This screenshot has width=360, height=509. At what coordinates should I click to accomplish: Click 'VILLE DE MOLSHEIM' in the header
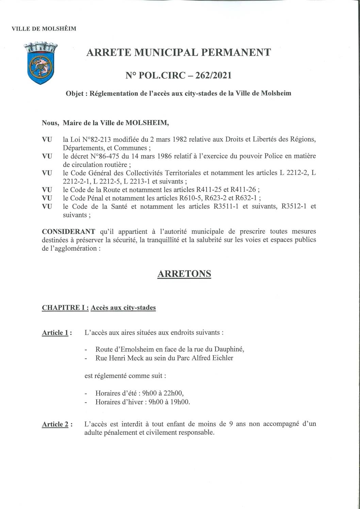coord(44,29)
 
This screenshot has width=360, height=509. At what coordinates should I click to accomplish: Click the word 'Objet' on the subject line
coord(76,93)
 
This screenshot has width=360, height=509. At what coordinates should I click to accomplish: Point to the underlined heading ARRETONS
coord(184,274)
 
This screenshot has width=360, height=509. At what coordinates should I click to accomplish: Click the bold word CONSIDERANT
coord(68,232)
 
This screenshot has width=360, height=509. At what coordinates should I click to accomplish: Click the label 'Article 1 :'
coord(57,333)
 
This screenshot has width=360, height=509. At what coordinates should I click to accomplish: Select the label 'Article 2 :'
coord(57,424)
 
